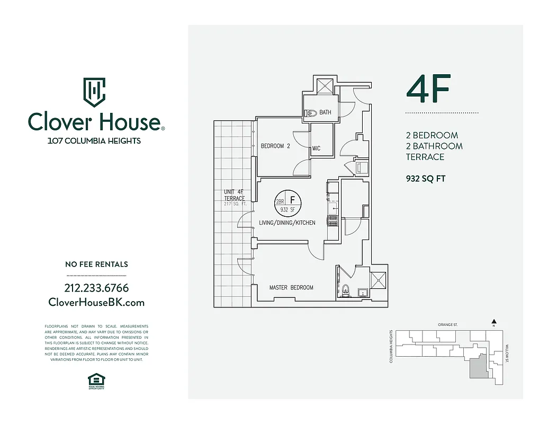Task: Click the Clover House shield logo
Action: [94, 92]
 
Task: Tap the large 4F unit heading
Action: [428, 90]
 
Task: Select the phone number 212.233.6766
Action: [96, 288]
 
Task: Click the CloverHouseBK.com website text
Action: [96, 302]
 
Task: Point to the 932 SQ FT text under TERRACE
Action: [425, 179]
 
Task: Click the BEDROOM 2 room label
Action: [275, 146]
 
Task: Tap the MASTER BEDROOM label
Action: [291, 288]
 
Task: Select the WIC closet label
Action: [316, 148]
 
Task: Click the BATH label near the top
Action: [325, 112]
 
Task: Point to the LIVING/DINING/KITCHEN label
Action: [287, 223]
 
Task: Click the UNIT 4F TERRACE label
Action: [234, 195]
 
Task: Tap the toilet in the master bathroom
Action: [346, 290]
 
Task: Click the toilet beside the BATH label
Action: [311, 112]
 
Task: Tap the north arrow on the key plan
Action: [493, 321]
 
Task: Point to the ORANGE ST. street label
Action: [447, 324]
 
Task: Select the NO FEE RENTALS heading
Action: [96, 264]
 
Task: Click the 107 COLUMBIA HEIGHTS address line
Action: [94, 141]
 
